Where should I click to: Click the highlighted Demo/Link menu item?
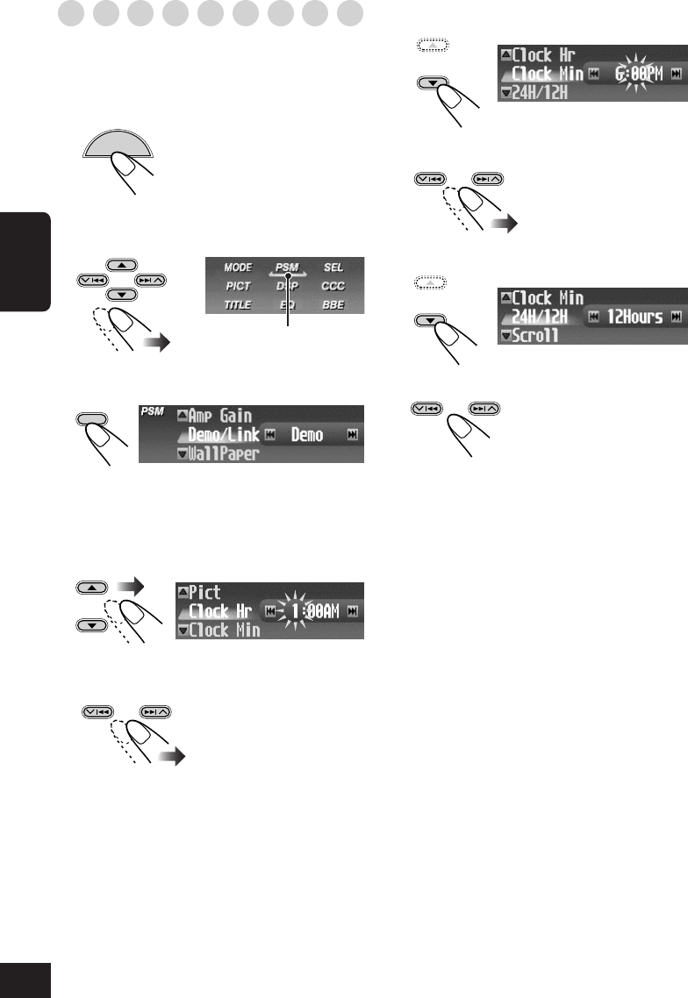tap(225, 434)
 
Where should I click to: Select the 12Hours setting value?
tap(634, 317)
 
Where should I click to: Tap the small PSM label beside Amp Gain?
tap(153, 410)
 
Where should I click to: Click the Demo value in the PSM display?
tap(307, 435)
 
